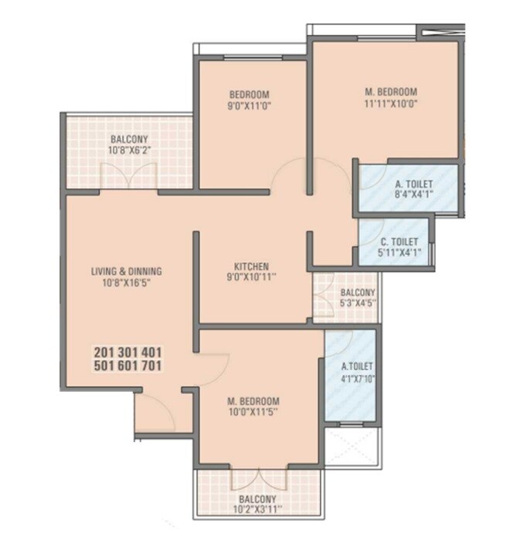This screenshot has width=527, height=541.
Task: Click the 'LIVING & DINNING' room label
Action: point(126,271)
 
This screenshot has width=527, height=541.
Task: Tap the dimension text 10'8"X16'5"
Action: point(126,283)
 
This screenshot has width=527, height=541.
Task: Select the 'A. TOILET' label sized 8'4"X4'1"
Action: point(413,184)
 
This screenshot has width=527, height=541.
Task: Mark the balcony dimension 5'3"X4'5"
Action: point(357,304)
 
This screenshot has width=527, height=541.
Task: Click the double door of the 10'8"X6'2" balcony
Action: point(138,175)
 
